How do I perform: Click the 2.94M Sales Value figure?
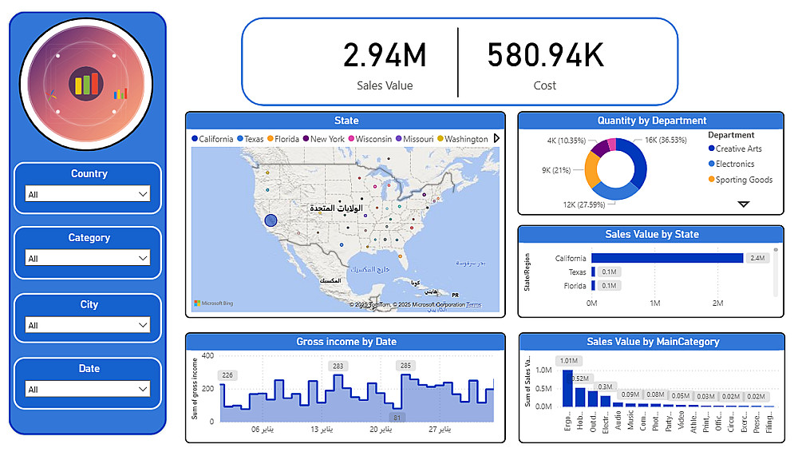pyautogui.click(x=385, y=56)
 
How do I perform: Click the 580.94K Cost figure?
pyautogui.click(x=545, y=56)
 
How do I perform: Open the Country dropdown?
pyautogui.click(x=88, y=194)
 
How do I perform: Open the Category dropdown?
pyautogui.click(x=88, y=258)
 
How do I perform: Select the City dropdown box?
pyautogui.click(x=88, y=325)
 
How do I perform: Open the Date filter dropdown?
pyautogui.click(x=88, y=389)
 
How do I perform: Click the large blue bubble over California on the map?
pyautogui.click(x=271, y=220)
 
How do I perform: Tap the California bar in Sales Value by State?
pyautogui.click(x=667, y=258)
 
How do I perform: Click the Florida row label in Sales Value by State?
pyautogui.click(x=575, y=286)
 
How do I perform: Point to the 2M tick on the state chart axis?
pyautogui.click(x=717, y=303)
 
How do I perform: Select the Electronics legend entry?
pyautogui.click(x=734, y=164)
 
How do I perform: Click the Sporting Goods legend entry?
pyautogui.click(x=744, y=180)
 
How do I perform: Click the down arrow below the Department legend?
pyautogui.click(x=744, y=204)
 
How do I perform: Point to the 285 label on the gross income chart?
pyautogui.click(x=406, y=366)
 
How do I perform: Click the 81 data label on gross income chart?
pyautogui.click(x=397, y=417)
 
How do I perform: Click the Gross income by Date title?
pyautogui.click(x=346, y=342)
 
